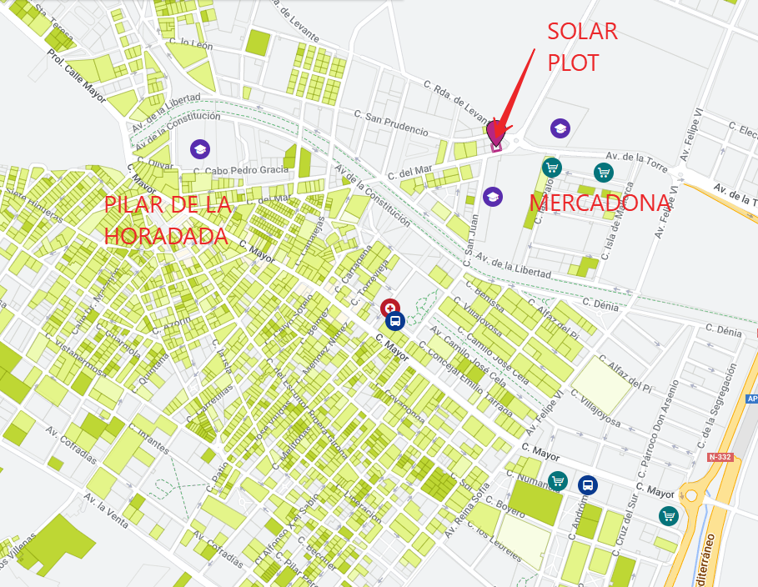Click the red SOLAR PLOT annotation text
coord(582,47)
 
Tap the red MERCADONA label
coord(600,203)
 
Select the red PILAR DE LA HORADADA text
coord(167,221)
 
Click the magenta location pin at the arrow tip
coord(496,132)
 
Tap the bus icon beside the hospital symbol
coord(396,320)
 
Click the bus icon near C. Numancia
coord(588,484)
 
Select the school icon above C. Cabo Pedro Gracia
coord(199,148)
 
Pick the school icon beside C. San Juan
coord(493,196)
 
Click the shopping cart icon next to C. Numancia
coord(558,481)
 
